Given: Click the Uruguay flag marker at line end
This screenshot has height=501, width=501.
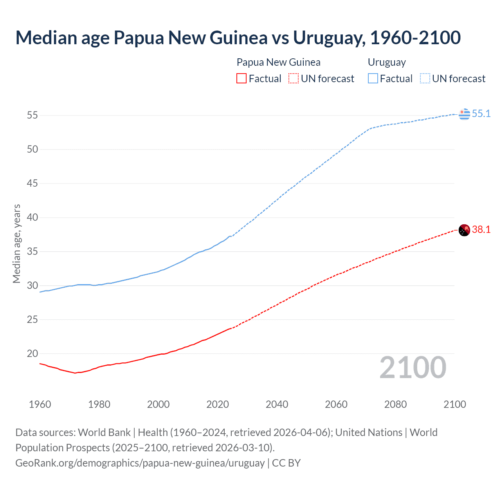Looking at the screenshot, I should [x=464, y=114].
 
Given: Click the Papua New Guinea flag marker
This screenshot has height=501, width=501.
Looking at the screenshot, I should [x=464, y=230].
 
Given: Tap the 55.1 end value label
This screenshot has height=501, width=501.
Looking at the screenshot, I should [x=481, y=114].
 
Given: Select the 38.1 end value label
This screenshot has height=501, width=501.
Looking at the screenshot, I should [x=481, y=230].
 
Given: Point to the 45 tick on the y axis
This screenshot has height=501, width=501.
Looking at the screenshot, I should [x=32, y=183].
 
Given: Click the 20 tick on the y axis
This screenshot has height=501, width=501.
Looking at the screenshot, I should [x=32, y=353].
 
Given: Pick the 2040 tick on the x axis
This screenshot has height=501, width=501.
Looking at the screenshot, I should [x=277, y=404].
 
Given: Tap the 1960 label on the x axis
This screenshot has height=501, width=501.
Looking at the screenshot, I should [x=40, y=404].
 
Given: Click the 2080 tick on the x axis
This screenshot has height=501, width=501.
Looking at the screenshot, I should [x=395, y=404].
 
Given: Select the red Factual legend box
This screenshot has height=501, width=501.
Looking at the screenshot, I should [x=241, y=79].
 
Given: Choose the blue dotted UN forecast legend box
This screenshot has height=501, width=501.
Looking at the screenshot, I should [x=425, y=79].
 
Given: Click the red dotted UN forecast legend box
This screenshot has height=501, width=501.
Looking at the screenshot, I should [x=294, y=79].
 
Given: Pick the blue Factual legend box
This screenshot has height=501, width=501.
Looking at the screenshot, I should [x=373, y=79].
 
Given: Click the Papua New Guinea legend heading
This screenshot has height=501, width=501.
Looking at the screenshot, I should [x=278, y=62].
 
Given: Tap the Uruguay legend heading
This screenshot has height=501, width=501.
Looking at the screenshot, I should [x=387, y=62].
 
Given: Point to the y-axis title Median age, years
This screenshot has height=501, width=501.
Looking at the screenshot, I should [x=16, y=243].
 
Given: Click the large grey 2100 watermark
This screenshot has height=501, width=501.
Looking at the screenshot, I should [x=413, y=368].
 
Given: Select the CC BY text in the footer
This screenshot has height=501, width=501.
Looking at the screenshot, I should [x=286, y=463].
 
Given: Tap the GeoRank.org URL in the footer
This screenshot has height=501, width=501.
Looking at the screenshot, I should [x=140, y=463].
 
